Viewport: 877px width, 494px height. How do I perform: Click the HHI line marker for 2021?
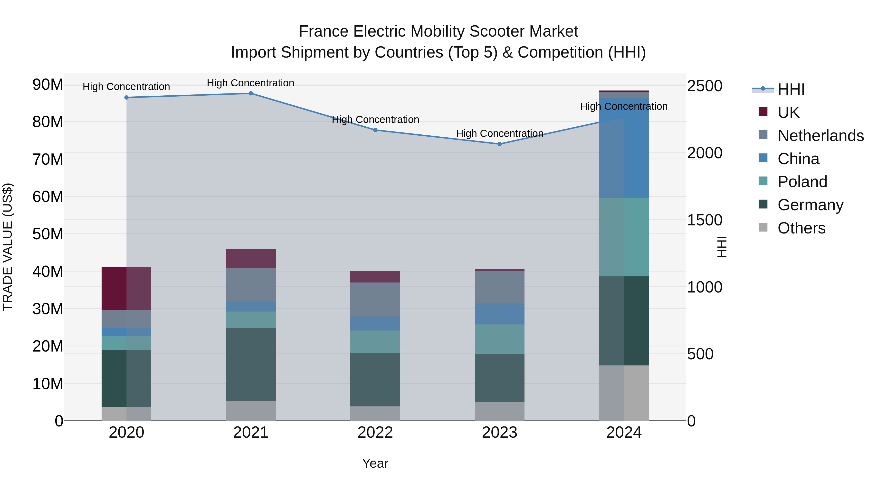pyautogui.click(x=251, y=93)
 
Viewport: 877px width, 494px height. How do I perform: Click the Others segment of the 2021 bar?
pyautogui.click(x=251, y=411)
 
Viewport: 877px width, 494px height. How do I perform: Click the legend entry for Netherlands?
pyautogui.click(x=820, y=136)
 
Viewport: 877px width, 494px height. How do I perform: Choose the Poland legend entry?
pyautogui.click(x=802, y=182)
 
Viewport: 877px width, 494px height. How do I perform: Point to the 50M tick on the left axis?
pyautogui.click(x=48, y=234)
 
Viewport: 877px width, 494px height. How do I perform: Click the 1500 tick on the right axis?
pyautogui.click(x=704, y=220)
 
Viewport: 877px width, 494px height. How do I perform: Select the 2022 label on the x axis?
pyautogui.click(x=375, y=433)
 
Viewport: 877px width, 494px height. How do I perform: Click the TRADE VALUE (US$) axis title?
pyautogui.click(x=8, y=247)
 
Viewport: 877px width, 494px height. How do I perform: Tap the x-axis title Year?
pyautogui.click(x=375, y=463)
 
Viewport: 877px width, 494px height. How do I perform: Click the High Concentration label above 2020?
pyautogui.click(x=126, y=87)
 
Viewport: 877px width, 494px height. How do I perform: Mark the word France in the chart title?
pyautogui.click(x=324, y=31)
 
